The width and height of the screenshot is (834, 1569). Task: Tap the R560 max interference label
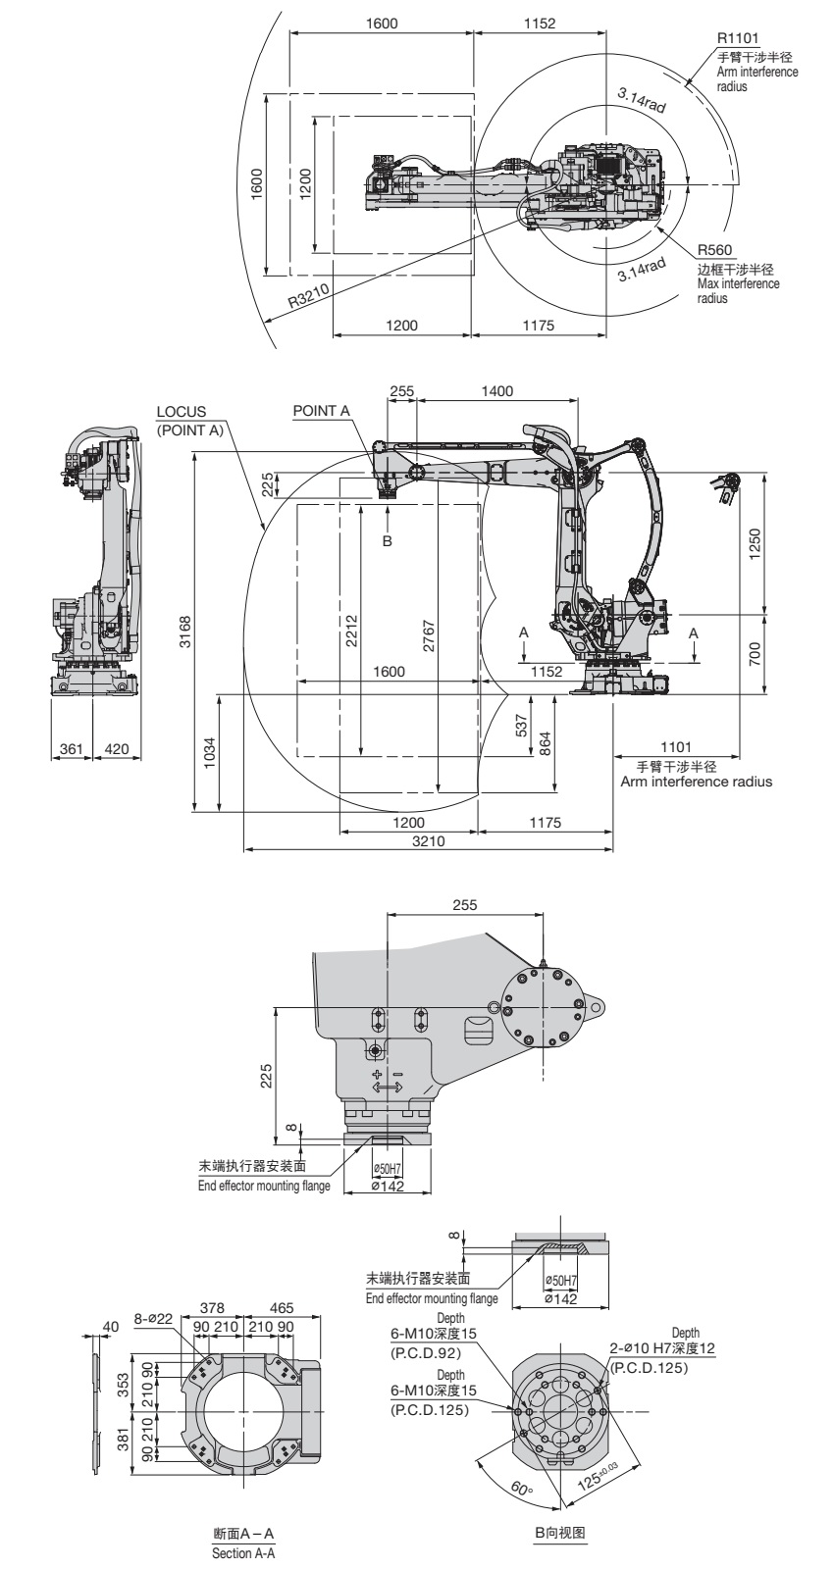click(714, 249)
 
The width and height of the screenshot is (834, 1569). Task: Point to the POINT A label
click(321, 411)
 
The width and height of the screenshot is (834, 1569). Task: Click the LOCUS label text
click(182, 412)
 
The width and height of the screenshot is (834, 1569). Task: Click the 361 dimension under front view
click(71, 749)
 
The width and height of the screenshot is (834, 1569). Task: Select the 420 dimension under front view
click(116, 749)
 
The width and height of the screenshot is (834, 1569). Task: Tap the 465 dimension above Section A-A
click(282, 1307)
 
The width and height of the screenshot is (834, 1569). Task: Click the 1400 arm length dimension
click(496, 391)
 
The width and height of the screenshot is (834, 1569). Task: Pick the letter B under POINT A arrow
click(387, 540)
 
